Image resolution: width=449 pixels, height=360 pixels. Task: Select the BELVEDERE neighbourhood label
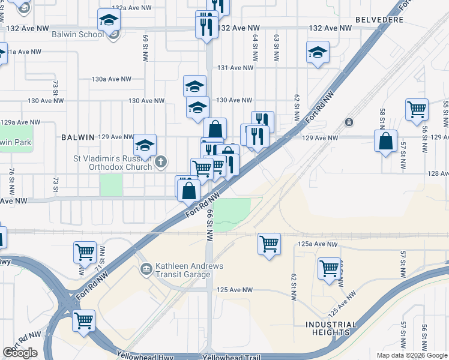click(379, 20)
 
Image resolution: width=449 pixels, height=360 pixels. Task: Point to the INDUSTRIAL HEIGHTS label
click(331, 328)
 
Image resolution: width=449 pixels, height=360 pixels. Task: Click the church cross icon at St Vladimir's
click(160, 162)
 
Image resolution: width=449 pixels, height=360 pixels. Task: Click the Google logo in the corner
click(20, 353)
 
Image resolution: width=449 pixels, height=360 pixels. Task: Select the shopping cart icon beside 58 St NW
click(417, 110)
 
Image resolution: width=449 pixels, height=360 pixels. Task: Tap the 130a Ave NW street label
click(112, 79)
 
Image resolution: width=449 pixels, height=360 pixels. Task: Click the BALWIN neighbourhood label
click(78, 137)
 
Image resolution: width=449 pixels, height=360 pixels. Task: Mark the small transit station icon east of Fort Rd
click(349, 122)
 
